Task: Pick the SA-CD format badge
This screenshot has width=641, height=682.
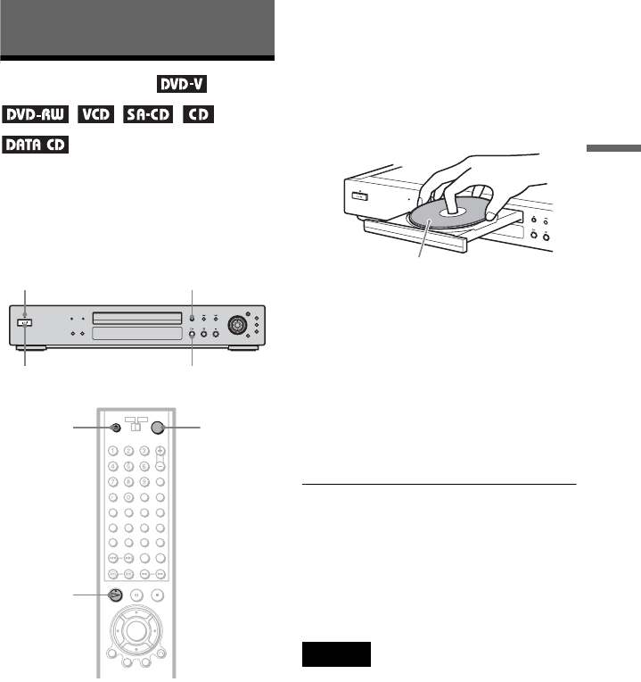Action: pos(150,115)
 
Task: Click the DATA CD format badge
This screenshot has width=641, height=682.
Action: pos(37,144)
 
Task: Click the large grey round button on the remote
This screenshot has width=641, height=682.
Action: pos(161,428)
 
